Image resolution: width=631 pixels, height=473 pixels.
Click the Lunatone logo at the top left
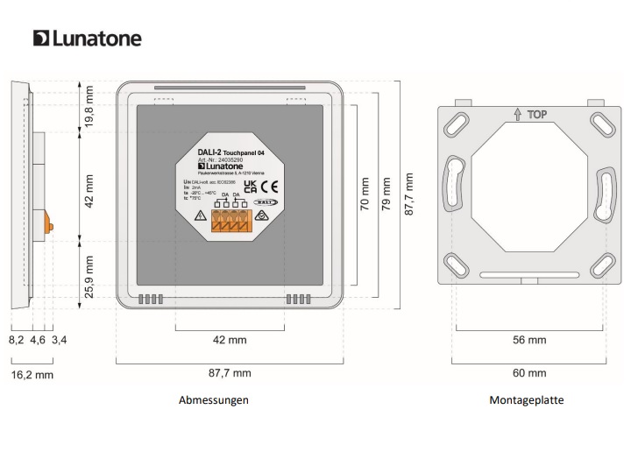coord(87,39)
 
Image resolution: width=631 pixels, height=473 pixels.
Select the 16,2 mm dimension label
coord(32,374)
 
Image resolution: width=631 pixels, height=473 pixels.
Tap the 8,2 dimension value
coord(17,339)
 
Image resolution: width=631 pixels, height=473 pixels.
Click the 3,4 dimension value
coord(60,339)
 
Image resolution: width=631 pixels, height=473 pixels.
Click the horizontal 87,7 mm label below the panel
coord(228,373)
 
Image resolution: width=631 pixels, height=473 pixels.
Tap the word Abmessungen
coord(214,400)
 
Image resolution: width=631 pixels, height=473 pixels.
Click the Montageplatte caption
coord(527,400)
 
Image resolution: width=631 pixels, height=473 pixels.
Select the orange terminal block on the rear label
coord(230,222)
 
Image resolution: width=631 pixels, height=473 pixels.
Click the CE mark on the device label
coord(272,187)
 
